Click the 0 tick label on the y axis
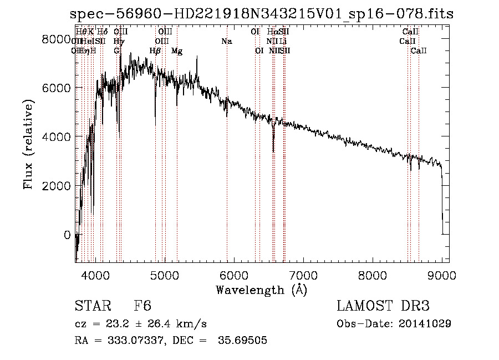click(x=67, y=235)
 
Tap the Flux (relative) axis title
click(x=28, y=145)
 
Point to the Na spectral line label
click(x=226, y=41)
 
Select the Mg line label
click(x=177, y=51)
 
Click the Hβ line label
click(x=155, y=51)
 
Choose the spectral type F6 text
click(x=142, y=307)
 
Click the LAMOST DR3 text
click(x=383, y=307)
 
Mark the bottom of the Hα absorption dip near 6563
click(x=273, y=151)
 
